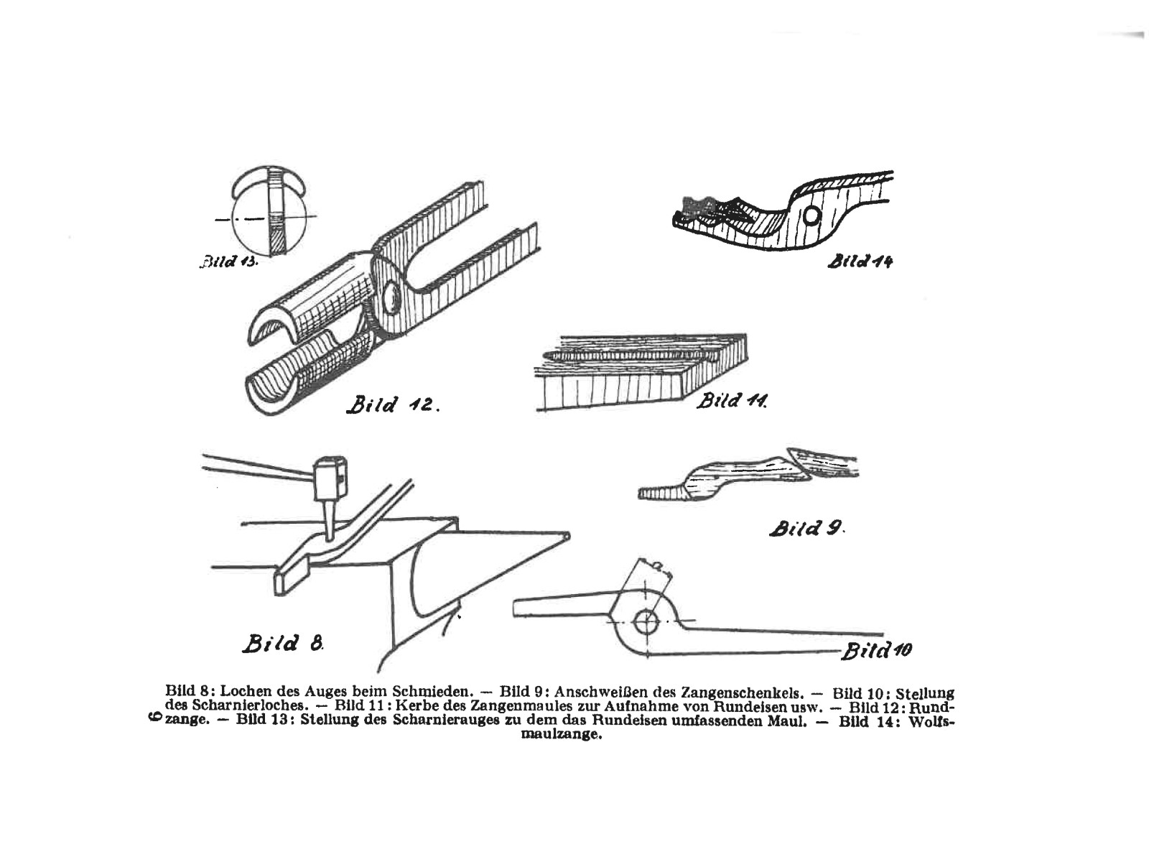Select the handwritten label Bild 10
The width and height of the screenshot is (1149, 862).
pyautogui.click(x=876, y=651)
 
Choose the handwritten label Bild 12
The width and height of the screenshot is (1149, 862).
pyautogui.click(x=392, y=404)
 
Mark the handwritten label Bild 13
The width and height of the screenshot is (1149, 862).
pyautogui.click(x=228, y=261)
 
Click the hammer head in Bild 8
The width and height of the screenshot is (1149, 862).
pyautogui.click(x=330, y=477)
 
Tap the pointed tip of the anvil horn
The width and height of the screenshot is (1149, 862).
pyautogui.click(x=567, y=536)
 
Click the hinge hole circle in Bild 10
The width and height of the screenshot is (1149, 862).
pyautogui.click(x=646, y=620)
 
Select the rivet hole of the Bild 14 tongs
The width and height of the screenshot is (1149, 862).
pyautogui.click(x=810, y=215)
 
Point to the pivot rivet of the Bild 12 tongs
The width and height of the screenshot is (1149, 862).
pyautogui.click(x=392, y=297)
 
